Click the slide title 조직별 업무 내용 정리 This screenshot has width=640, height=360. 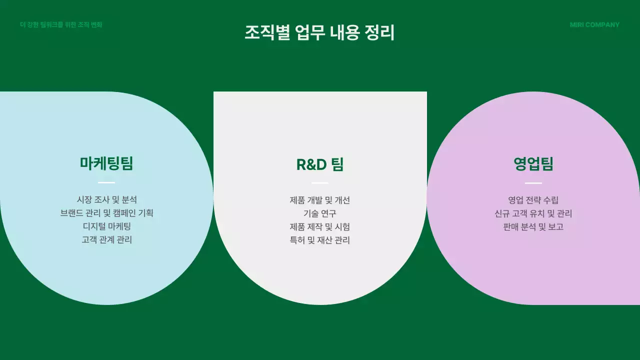point(319,33)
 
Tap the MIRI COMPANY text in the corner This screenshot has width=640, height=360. point(594,25)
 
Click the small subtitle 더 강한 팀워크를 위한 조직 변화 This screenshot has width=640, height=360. point(61,25)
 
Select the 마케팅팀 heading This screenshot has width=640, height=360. point(106,163)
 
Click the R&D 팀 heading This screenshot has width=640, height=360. point(320,164)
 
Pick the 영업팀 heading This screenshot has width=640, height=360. point(533,164)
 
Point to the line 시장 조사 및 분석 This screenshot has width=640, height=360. point(106,200)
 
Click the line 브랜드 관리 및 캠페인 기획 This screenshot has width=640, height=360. point(106,213)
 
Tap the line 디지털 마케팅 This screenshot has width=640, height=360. point(106,226)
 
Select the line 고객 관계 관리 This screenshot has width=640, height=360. point(106,239)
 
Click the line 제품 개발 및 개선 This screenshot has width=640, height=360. point(320,200)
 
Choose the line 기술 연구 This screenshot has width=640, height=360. point(320,213)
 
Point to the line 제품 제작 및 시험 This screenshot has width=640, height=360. point(320,227)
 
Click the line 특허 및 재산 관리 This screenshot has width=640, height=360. point(320,240)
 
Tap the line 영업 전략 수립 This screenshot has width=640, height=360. point(533,200)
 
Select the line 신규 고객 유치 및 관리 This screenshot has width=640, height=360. point(533,213)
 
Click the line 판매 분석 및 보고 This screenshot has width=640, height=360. point(533,227)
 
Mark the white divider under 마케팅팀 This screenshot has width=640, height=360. point(106,182)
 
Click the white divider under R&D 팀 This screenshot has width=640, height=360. point(320,183)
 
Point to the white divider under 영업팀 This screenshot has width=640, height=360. point(533,183)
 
